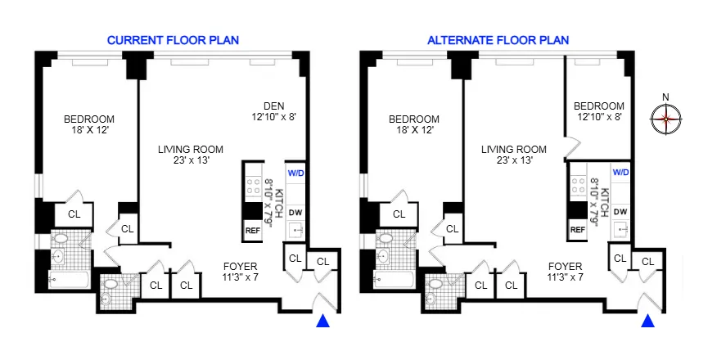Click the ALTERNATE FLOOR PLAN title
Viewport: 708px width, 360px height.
coord(498,39)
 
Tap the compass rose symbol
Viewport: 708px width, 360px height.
coord(666,119)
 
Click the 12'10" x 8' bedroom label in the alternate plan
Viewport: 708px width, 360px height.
coord(598,111)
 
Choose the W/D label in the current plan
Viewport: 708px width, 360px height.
coord(295,173)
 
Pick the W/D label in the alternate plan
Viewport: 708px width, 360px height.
coord(620,173)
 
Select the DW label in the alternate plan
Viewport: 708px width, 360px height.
coord(620,211)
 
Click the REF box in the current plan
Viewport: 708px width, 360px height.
coord(252,230)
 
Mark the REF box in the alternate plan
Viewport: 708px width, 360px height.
coord(577,230)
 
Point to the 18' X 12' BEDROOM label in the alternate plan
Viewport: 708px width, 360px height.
coord(413,124)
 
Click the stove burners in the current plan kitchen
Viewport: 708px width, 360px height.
coord(252,183)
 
